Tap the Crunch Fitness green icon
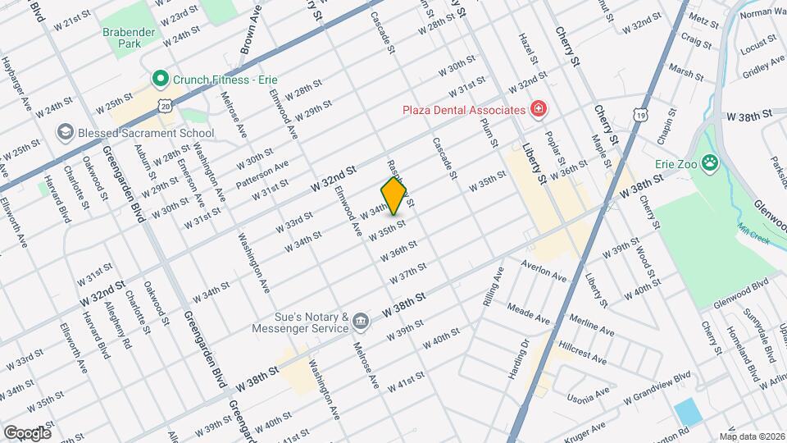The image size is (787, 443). coord(159,80)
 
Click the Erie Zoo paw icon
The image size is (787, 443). coord(710,162)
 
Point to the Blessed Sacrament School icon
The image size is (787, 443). coord(65,132)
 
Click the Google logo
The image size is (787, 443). coord(27,432)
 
